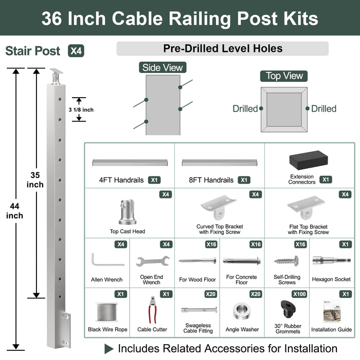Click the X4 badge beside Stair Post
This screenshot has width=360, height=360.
(76, 51)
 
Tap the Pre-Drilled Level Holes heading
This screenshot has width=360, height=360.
(223, 49)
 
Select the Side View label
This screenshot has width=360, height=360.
(162, 68)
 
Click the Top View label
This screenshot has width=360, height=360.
(284, 76)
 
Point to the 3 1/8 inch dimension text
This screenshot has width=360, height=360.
(81, 109)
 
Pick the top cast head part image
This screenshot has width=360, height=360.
(127, 211)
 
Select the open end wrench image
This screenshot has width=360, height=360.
(153, 261)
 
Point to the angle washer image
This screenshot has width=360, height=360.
(242, 311)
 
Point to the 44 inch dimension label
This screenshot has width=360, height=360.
(15, 211)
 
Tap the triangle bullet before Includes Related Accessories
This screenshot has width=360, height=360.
(109, 349)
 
